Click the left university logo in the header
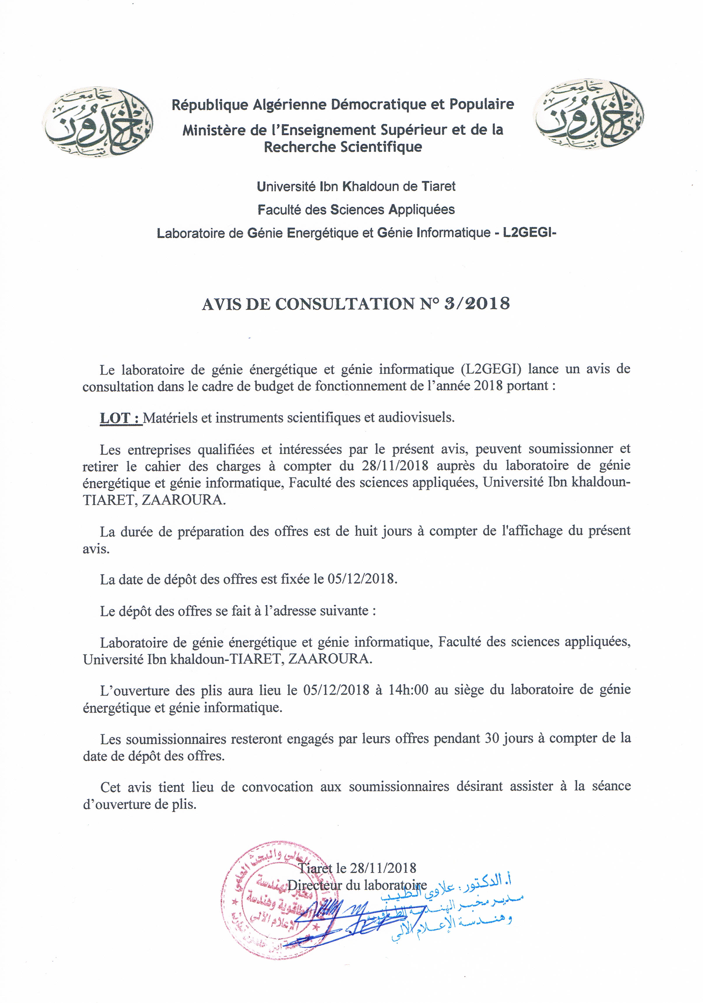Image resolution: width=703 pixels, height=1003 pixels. (97, 121)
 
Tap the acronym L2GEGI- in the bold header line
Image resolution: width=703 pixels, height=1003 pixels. (530, 232)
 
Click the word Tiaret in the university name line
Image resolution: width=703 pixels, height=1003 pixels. (438, 187)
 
